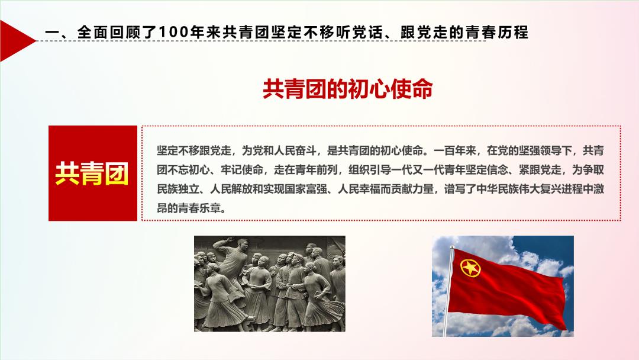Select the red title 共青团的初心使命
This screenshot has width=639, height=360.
347,89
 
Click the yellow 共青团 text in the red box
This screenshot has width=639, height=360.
92,173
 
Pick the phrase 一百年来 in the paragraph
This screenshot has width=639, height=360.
455,151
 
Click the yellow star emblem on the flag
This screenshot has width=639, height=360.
470,268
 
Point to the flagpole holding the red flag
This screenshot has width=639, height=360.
448,291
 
